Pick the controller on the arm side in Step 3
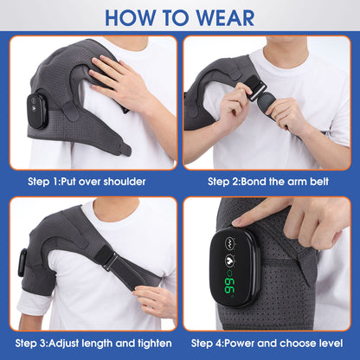[x=22, y=265]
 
